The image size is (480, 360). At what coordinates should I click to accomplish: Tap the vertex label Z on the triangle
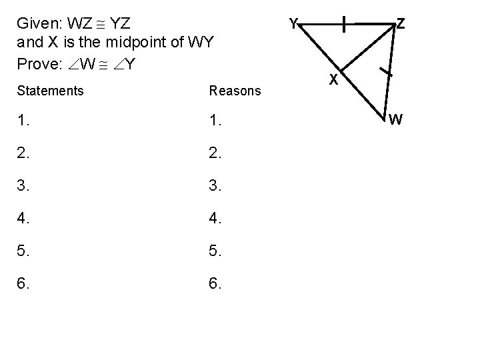click(401, 24)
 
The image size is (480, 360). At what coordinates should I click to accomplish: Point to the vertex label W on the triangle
click(395, 120)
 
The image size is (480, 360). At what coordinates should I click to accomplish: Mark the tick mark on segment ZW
click(385, 71)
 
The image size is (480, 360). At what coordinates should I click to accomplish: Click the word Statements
click(50, 90)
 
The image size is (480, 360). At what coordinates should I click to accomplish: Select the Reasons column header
click(235, 90)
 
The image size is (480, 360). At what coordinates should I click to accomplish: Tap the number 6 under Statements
click(24, 285)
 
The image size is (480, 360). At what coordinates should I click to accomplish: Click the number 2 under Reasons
click(215, 155)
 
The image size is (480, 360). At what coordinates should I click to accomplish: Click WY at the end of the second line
click(199, 44)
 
